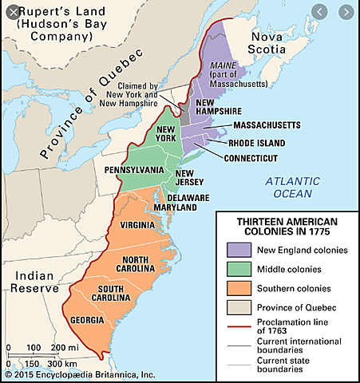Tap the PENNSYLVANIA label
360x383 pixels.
click(134, 170)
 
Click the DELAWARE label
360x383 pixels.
click(188, 197)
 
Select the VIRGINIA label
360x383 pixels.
click(137, 225)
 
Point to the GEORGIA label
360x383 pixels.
click(87, 321)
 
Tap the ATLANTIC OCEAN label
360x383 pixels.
click(294, 187)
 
